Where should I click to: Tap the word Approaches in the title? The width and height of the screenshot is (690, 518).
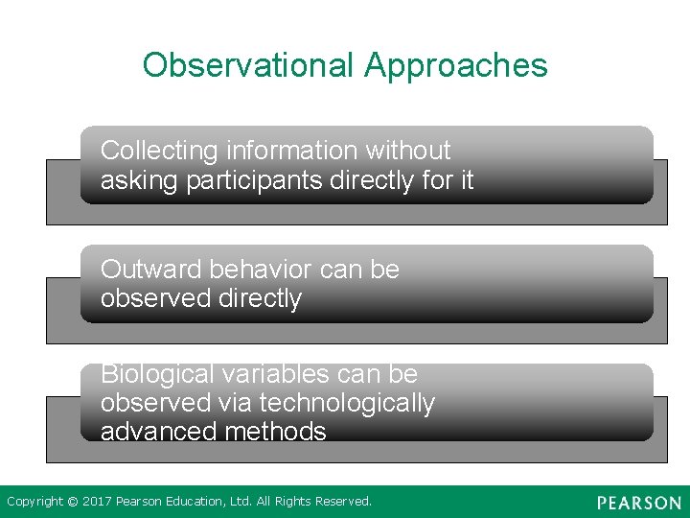456,65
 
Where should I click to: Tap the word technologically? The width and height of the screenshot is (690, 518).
347,403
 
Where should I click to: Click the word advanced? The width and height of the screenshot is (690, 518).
153,432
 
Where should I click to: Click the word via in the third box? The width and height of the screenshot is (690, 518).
234,403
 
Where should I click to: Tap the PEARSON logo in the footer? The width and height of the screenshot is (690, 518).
639,503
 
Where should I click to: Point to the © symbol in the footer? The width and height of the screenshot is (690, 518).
72,501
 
